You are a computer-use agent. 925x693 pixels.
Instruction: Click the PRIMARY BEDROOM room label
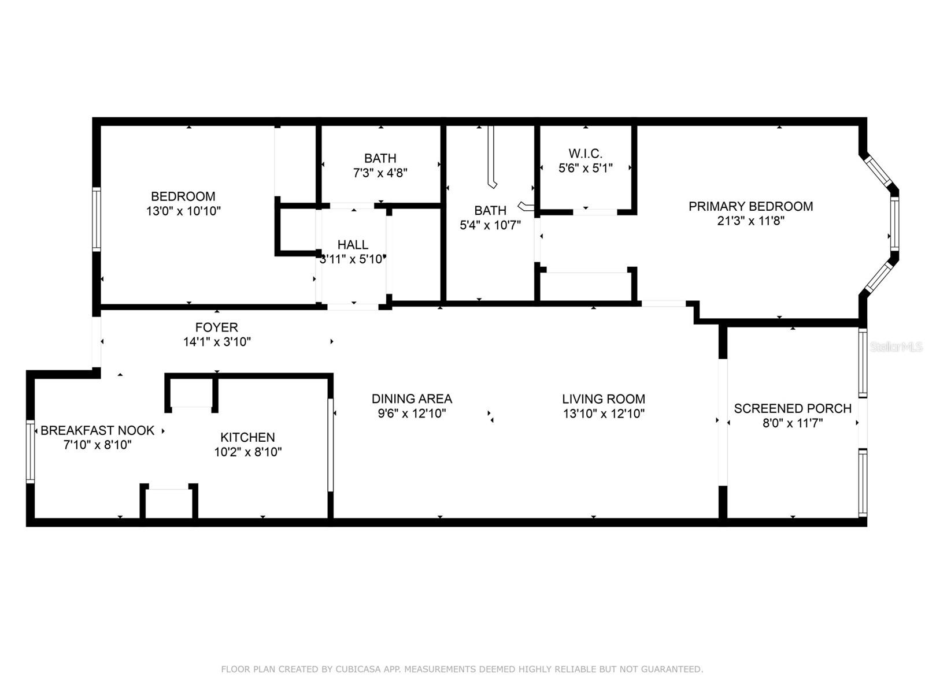tap(750, 206)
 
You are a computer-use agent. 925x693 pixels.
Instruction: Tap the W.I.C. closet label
tap(585, 154)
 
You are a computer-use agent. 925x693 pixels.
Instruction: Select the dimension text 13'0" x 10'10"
tap(183, 211)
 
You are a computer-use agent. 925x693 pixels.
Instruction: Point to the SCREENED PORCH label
tap(793, 408)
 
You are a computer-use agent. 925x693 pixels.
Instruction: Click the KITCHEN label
tap(247, 437)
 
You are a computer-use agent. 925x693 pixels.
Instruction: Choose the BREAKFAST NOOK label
tap(97, 430)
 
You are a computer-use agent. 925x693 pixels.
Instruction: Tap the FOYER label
tap(216, 327)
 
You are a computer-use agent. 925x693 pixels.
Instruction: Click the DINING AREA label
tap(412, 398)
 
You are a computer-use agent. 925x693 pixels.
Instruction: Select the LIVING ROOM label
tap(604, 398)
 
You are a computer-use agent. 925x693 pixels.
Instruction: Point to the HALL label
tap(353, 245)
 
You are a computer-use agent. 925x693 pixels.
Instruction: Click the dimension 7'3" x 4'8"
tap(380, 173)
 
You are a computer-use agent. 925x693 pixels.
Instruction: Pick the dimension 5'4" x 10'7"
tap(490, 225)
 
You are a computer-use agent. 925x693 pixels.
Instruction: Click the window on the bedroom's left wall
tap(97, 219)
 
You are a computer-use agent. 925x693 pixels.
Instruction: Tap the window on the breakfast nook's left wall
tap(30, 452)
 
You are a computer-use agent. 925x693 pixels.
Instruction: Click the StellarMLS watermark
tap(896, 346)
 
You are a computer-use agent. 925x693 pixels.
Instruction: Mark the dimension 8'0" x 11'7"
tap(793, 423)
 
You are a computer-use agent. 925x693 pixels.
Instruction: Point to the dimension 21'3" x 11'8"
tap(750, 221)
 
